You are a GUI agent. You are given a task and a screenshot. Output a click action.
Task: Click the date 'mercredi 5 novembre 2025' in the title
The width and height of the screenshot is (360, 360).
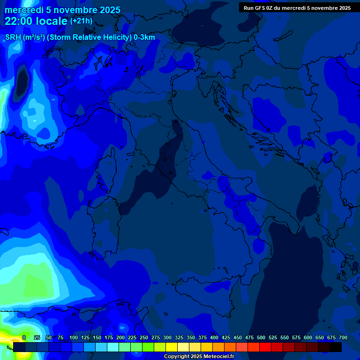62,10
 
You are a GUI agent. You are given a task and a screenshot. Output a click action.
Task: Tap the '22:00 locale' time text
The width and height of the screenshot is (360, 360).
37,21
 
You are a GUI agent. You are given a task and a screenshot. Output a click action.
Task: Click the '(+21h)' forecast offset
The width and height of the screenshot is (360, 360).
81,21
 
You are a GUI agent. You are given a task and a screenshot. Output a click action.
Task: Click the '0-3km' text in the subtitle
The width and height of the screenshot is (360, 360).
144,37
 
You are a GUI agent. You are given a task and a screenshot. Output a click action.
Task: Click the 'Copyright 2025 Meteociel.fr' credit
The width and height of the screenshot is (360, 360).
199,357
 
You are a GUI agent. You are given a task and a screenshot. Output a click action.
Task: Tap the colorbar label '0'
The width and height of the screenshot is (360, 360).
24,338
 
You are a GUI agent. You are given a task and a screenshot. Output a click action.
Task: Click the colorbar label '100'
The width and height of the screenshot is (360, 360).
74,338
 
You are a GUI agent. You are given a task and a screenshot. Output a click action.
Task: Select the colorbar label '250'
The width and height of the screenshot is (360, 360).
144,338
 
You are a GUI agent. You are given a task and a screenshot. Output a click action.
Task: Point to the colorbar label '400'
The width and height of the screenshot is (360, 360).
214,338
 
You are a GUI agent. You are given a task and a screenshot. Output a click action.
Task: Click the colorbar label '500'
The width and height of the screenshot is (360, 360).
261,338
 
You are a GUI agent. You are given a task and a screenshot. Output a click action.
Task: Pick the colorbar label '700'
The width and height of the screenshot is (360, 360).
343,338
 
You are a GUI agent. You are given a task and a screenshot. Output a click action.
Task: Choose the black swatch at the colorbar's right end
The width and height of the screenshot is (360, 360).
336,347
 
